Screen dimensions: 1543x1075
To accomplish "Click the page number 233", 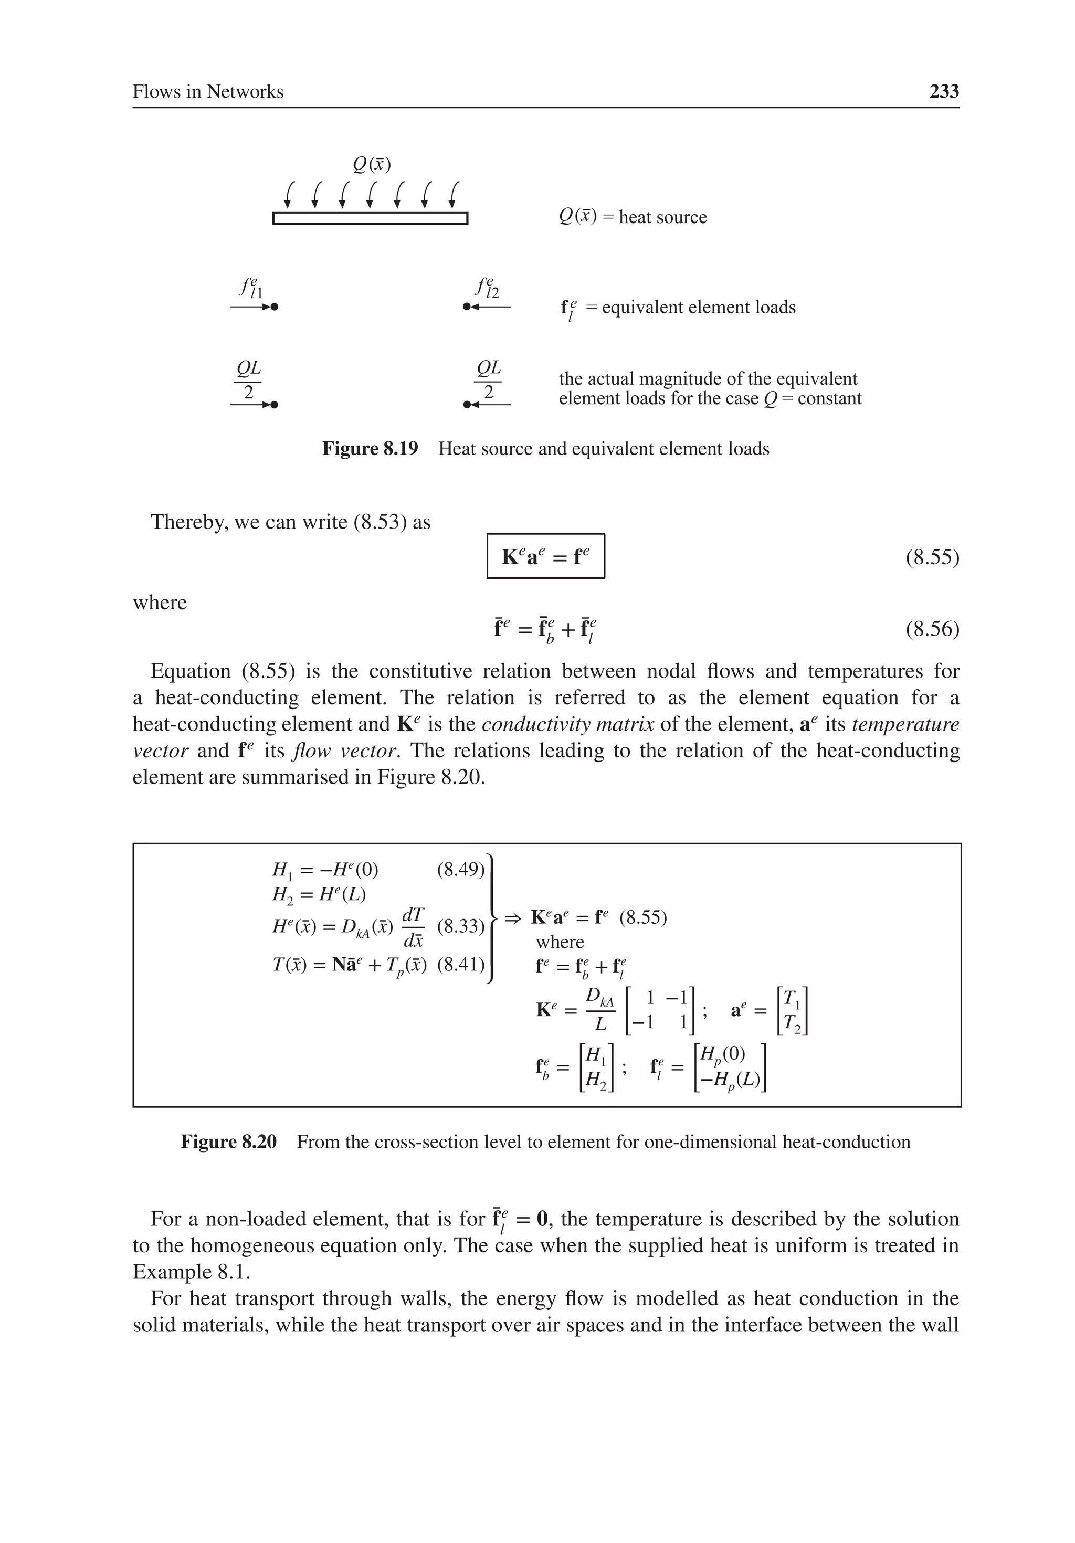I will (943, 91).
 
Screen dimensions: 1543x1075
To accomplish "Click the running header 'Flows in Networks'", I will (208, 91).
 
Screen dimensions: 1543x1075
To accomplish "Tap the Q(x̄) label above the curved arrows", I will (372, 164).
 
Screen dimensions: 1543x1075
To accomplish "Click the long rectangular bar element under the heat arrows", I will (370, 218).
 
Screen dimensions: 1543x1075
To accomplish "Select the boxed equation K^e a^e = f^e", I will (545, 556).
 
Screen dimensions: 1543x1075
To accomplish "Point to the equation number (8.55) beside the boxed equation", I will (932, 557).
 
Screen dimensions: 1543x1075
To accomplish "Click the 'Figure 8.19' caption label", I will (370, 449).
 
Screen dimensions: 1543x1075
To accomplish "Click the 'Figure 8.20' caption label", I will (228, 1142).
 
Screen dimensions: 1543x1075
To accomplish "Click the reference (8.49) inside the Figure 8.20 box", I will (460, 870).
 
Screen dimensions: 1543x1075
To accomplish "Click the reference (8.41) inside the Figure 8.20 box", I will (460, 965).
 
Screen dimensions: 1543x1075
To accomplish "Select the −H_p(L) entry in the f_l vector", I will (730, 1079).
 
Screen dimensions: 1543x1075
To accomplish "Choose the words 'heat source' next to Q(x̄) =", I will (662, 217).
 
